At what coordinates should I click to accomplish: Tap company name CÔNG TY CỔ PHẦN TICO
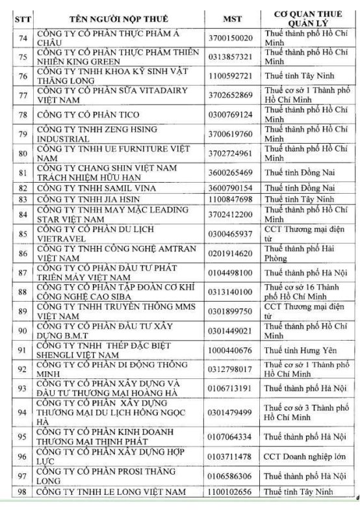[87, 115]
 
